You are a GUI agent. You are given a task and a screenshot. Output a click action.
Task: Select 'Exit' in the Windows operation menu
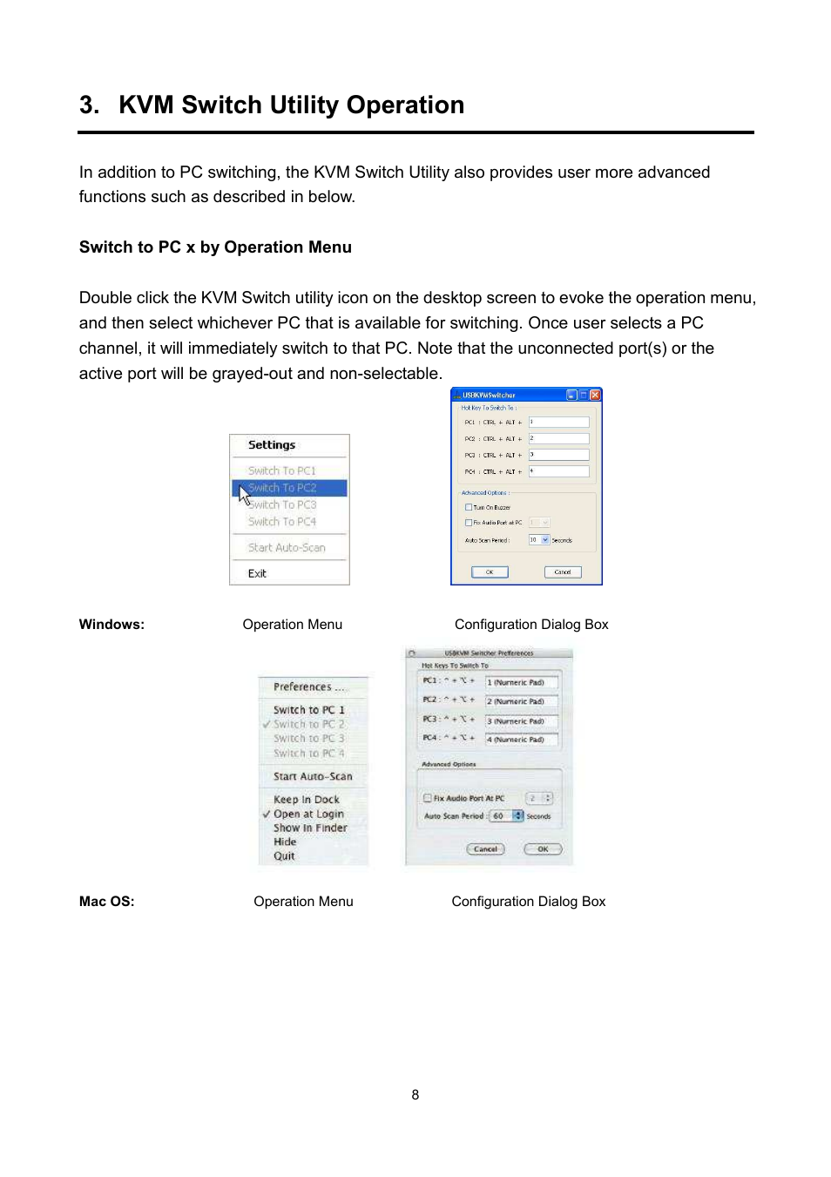257,573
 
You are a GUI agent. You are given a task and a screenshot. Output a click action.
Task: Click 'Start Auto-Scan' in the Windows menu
287,548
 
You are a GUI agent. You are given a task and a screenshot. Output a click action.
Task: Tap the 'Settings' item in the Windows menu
272,445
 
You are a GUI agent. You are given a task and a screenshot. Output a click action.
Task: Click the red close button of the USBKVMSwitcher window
595,395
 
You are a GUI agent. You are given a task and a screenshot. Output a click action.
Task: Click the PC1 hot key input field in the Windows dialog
558,423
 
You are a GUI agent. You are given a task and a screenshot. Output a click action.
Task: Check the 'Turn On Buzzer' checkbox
469,507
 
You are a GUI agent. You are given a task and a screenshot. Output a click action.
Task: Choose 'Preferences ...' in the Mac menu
308,687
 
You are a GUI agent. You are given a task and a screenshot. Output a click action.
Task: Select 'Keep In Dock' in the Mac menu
307,799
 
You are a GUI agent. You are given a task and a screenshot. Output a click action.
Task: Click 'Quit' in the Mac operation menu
284,856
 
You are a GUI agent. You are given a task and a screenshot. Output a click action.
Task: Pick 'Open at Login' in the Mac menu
308,814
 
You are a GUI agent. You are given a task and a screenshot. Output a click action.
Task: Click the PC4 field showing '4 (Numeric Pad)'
521,740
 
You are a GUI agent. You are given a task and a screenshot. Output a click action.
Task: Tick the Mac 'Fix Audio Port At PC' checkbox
428,798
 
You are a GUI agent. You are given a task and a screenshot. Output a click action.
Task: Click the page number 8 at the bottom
415,1095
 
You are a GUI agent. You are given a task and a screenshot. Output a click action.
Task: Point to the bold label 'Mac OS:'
107,902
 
